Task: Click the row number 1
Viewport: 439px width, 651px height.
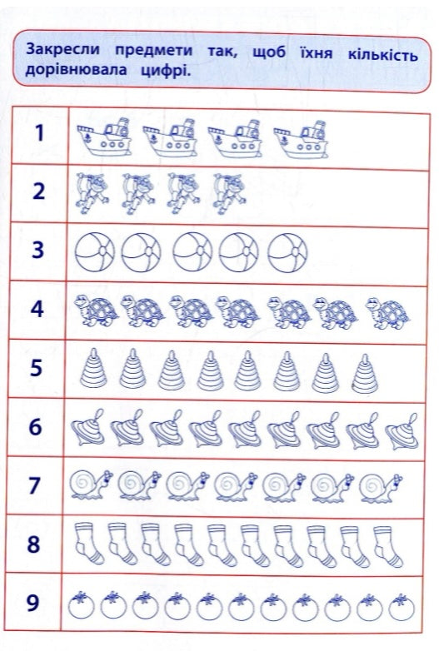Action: tap(39, 133)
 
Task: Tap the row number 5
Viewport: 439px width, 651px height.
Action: tap(36, 368)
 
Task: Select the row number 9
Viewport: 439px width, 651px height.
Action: tap(32, 603)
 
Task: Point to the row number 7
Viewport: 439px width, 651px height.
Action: tap(34, 485)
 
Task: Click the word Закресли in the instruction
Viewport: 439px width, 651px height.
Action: tap(62, 50)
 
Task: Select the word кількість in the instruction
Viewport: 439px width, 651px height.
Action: tap(382, 54)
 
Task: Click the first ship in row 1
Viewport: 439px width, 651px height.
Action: tap(104, 137)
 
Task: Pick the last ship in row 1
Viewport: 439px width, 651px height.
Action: tap(301, 140)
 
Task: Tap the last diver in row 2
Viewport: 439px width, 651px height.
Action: tap(229, 193)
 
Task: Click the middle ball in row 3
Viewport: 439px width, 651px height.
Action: tap(192, 252)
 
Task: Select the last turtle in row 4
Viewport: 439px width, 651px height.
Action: tap(388, 313)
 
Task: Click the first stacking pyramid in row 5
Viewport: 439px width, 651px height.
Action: tap(93, 368)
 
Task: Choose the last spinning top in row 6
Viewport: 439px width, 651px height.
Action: tap(402, 431)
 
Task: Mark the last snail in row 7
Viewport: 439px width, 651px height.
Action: tap(381, 488)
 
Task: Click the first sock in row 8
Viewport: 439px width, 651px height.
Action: tap(88, 543)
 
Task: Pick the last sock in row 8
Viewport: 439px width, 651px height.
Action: tap(387, 546)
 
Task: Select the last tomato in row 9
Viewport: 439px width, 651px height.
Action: tap(402, 607)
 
